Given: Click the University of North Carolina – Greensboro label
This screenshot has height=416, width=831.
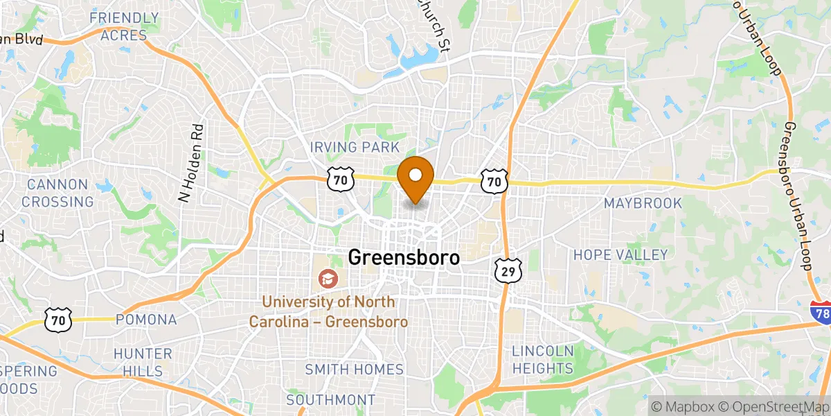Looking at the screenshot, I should pos(328,312).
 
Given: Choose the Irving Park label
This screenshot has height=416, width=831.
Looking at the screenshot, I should pos(355,148).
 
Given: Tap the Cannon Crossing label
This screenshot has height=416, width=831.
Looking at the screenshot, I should pos(57,193).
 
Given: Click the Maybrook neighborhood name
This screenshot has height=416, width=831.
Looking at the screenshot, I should pos(643,203).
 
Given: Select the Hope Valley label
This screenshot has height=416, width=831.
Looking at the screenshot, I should pos(620,255).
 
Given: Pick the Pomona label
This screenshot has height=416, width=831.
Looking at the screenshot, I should pos(146,320).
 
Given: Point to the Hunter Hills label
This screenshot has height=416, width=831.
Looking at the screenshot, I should pos(143,362).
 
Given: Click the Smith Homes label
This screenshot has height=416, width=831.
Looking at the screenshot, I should pos(355,370).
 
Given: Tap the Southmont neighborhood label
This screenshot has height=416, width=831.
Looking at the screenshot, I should pos(331,400).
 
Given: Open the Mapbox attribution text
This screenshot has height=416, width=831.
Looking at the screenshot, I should pos(686,406).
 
